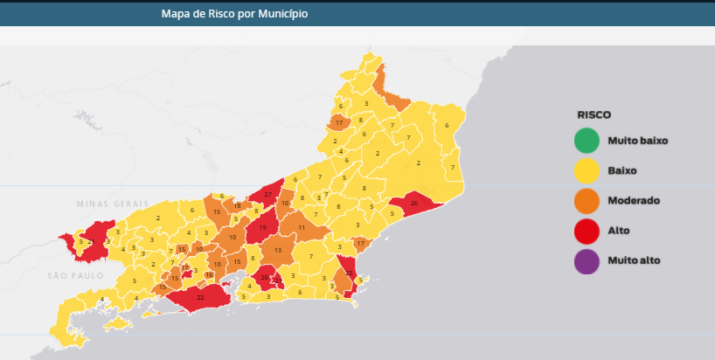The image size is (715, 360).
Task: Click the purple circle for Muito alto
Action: click(587, 260)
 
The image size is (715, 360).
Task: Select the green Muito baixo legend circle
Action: click(587, 140)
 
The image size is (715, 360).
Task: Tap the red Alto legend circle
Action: click(587, 231)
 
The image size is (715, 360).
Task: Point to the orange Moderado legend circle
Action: click(587, 201)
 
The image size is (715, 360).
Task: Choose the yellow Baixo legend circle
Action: click(587, 170)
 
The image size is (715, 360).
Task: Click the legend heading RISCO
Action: click(594, 114)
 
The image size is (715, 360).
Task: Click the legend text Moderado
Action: click(633, 201)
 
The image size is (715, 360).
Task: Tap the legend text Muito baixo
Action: click(637, 141)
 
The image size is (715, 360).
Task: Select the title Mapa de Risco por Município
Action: click(234, 14)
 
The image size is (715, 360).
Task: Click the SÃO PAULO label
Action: click(75, 275)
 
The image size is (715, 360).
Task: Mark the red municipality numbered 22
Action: click(200, 298)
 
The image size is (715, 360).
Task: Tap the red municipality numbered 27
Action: click(267, 193)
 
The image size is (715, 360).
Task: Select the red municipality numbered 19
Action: click(262, 228)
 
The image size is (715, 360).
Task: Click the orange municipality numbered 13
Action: click(278, 250)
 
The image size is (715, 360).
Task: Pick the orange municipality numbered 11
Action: click(302, 227)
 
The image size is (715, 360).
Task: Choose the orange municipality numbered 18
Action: click(237, 205)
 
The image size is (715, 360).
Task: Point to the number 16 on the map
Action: click(208, 274)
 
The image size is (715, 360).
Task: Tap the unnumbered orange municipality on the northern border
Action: click(385, 87)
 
